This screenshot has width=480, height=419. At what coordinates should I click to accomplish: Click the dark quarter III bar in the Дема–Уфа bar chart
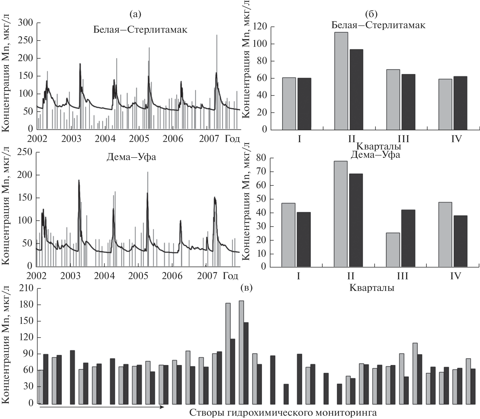point(408,238)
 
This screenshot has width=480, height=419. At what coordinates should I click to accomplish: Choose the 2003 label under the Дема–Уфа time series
point(71,276)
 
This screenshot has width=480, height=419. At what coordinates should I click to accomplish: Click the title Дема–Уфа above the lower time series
point(131,157)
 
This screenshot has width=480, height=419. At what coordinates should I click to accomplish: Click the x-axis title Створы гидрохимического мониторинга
point(283,413)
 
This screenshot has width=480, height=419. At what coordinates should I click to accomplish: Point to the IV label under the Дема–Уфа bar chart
point(455,276)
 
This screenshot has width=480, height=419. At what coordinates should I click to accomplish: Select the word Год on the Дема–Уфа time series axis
point(230,276)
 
